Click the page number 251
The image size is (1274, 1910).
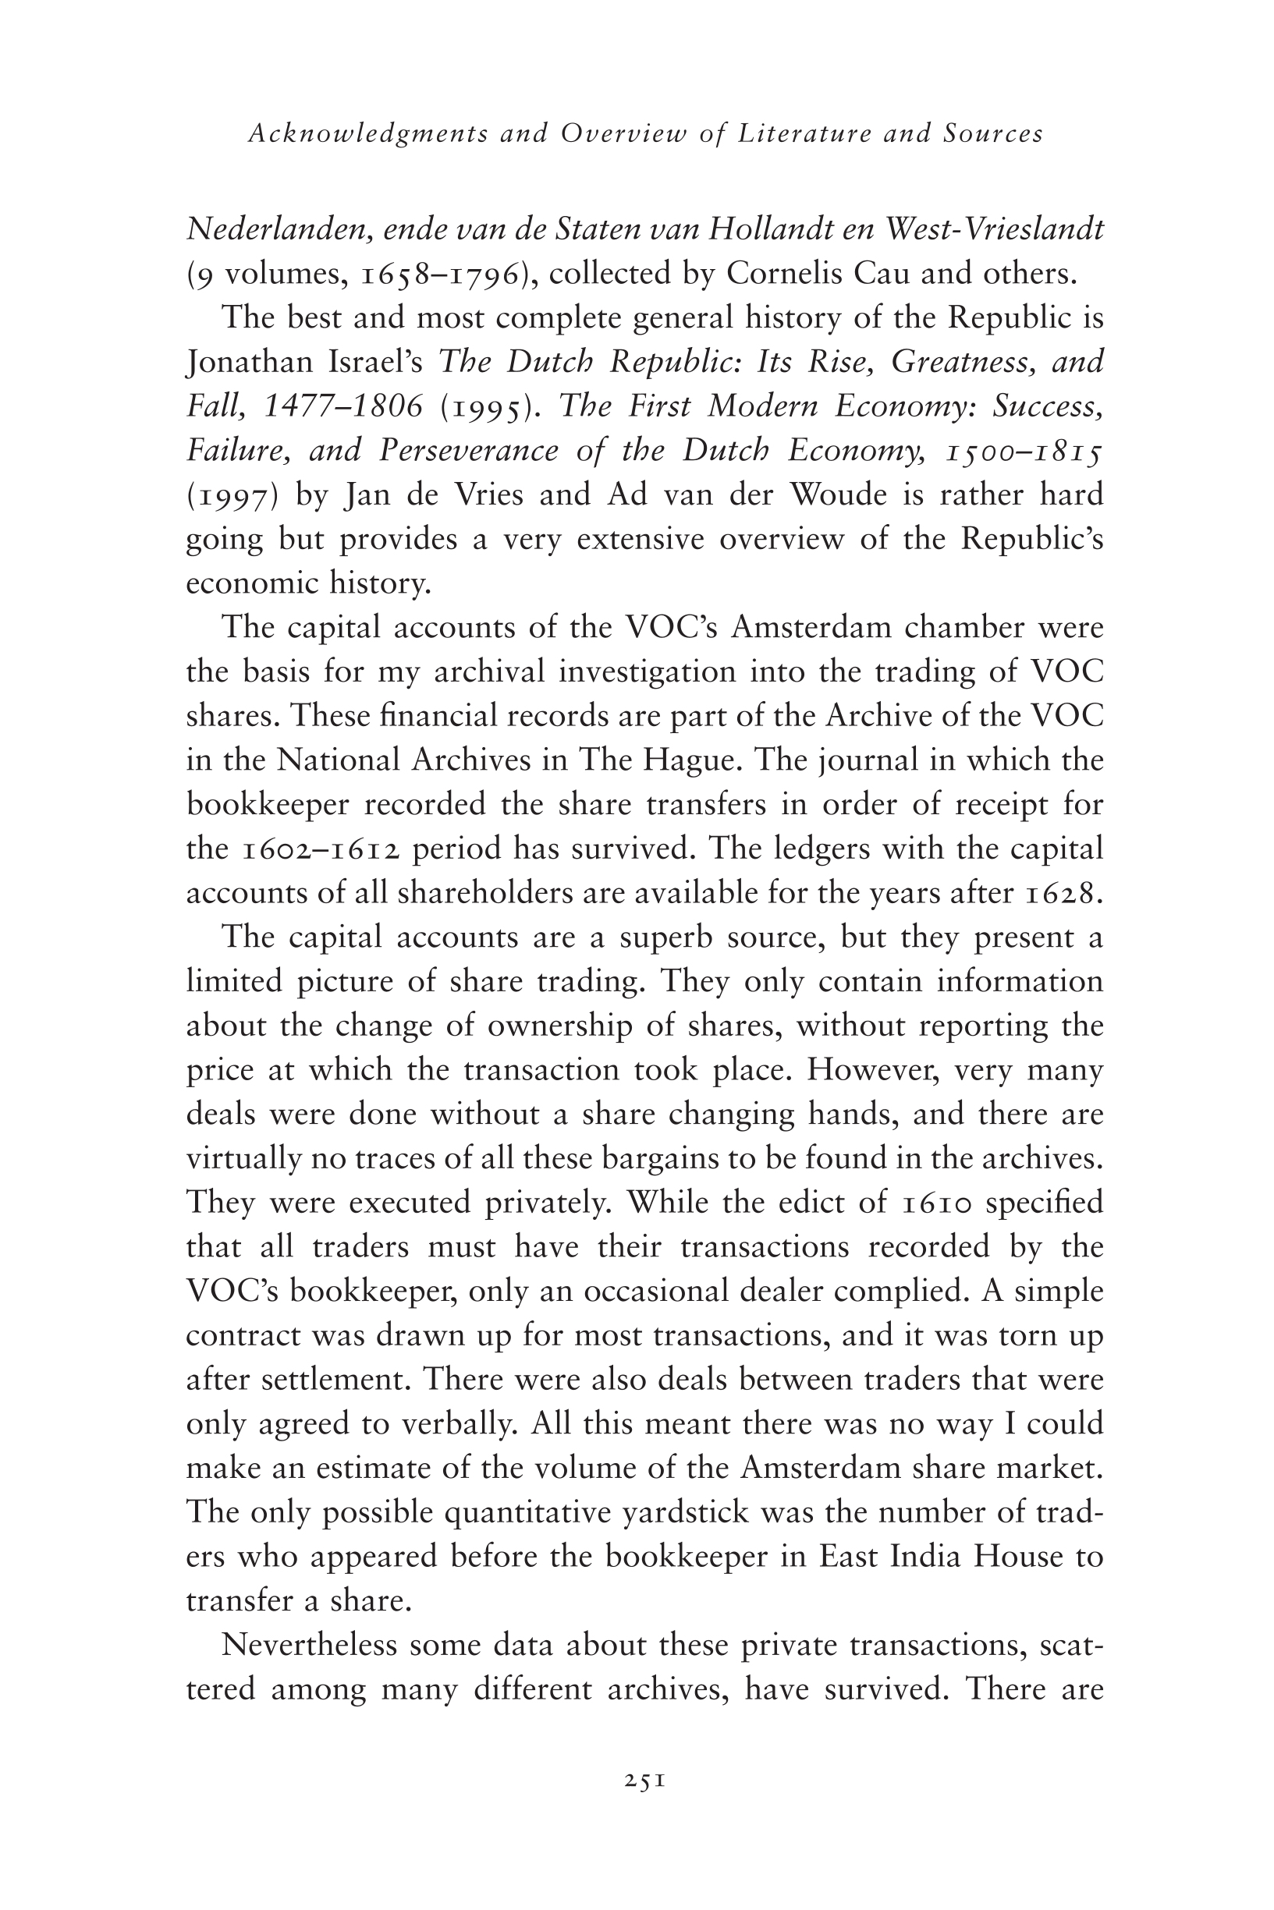tap(646, 1781)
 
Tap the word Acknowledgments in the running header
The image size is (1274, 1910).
tap(368, 134)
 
